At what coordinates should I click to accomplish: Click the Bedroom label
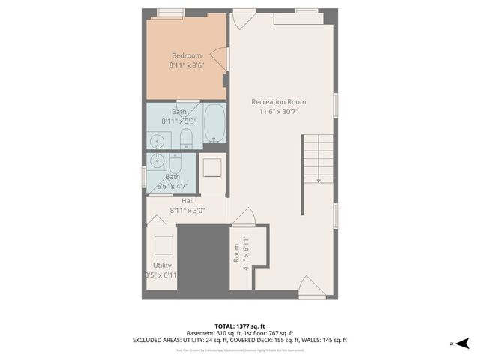tap(187, 55)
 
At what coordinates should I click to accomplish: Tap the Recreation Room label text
tap(278, 102)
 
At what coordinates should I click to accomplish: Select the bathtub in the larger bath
tap(214, 124)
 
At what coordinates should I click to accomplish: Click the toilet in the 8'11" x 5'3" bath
tap(187, 139)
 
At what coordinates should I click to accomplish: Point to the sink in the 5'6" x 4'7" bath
tap(157, 160)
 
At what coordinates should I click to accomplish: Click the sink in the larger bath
tap(157, 139)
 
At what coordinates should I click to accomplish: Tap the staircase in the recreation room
tap(318, 158)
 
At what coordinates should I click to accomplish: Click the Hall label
tap(187, 201)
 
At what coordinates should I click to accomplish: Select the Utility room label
tap(162, 265)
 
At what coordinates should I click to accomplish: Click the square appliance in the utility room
tap(163, 245)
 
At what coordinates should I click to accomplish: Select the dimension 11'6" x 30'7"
tap(278, 112)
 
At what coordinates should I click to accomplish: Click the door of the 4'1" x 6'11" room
tap(244, 217)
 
